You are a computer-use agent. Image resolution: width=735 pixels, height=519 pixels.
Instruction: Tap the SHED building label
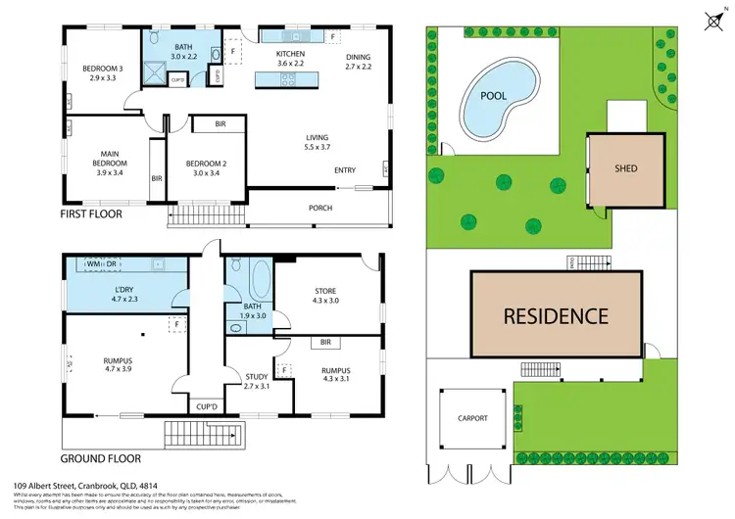[x=626, y=168]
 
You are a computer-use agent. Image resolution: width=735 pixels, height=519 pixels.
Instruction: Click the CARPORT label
[x=471, y=418]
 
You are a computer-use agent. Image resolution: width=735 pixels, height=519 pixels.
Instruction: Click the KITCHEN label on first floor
[x=292, y=55]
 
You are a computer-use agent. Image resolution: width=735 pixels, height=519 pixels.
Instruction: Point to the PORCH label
[x=319, y=208]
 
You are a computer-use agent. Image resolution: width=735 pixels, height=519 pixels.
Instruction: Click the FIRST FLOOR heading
[x=98, y=212]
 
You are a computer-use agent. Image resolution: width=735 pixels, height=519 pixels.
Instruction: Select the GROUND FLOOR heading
[x=101, y=457]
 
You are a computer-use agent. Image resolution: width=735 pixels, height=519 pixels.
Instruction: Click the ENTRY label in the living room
[x=344, y=170]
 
